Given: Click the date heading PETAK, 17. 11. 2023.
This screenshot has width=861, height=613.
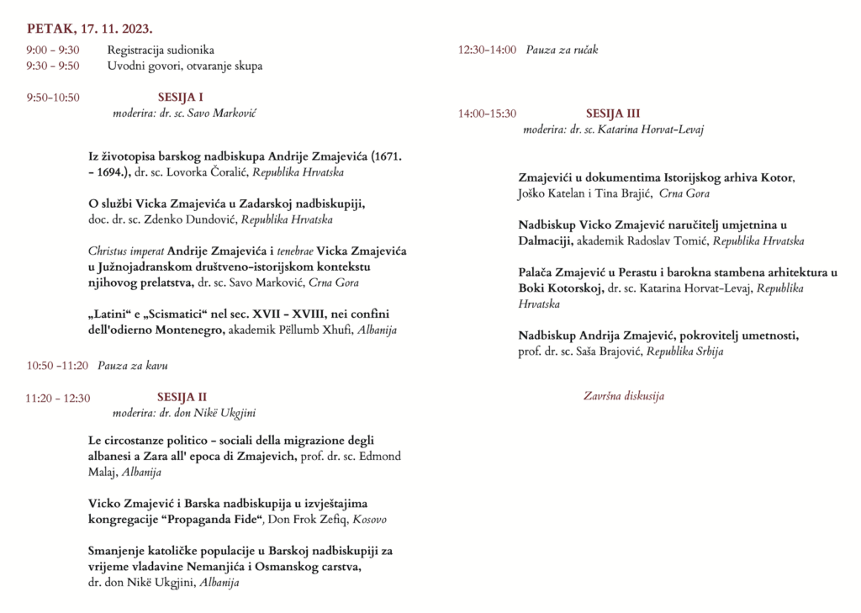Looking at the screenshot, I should point(89,29).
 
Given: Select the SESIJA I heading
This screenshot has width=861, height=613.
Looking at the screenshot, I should point(181,97).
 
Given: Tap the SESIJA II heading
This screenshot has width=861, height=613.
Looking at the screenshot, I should point(182,397).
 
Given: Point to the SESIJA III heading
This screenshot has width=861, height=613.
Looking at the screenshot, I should point(613,114).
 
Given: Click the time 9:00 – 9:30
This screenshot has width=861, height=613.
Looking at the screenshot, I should point(53,50).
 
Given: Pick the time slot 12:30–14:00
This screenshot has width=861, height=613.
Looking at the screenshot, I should point(487,50).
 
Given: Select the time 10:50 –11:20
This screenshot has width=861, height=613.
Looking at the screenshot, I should point(57,365).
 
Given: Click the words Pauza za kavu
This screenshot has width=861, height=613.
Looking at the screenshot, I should point(133,365).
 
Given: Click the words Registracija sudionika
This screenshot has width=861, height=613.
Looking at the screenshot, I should point(161,50).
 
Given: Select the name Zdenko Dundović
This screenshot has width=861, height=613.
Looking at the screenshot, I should point(197,219).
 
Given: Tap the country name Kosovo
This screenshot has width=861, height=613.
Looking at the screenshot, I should point(370,520).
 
